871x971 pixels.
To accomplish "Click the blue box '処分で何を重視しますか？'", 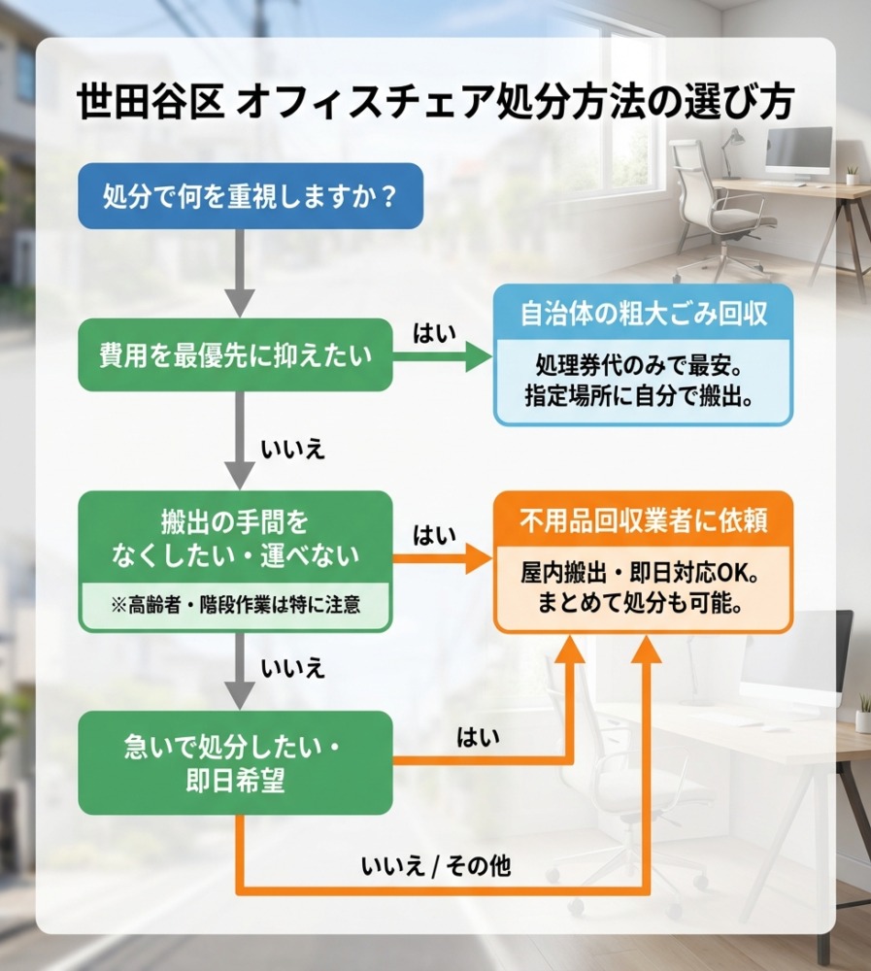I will [x=251, y=196].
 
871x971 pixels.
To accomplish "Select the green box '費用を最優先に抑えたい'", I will [x=235, y=356].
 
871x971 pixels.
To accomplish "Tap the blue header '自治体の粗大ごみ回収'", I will [x=643, y=316].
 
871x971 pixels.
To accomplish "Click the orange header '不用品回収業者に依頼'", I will [x=643, y=522].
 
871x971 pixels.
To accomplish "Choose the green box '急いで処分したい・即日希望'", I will [x=235, y=763].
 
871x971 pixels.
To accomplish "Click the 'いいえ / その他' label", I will [x=434, y=867].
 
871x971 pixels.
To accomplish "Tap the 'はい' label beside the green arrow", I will [x=430, y=334].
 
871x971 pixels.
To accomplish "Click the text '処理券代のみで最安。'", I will [x=643, y=368].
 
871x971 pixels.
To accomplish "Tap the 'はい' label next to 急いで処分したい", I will [x=478, y=738].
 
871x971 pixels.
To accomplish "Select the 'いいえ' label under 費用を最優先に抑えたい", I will [x=291, y=450].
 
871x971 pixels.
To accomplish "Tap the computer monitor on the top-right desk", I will [x=798, y=151].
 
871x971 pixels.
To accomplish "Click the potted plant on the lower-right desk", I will [x=862, y=713].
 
